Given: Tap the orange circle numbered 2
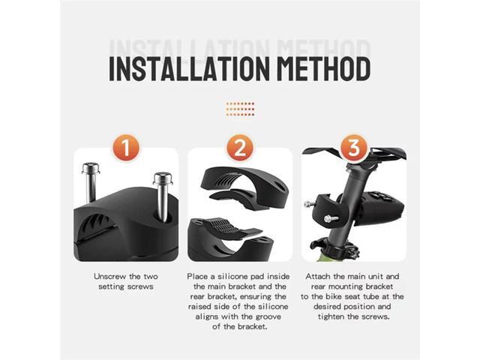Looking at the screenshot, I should coord(240,148).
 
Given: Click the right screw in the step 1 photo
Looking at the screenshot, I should coord(161,191).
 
